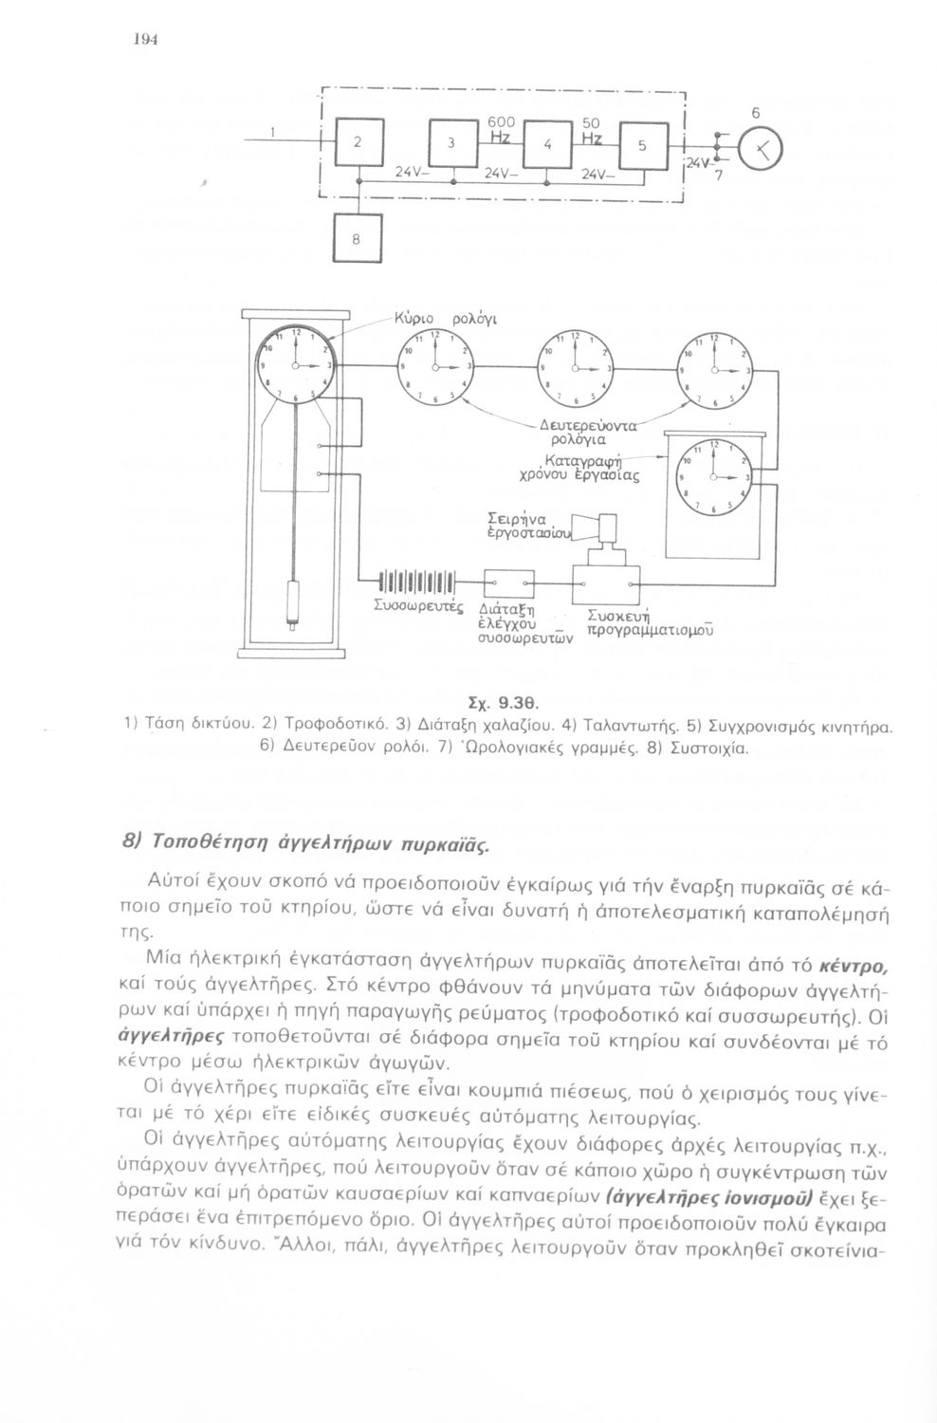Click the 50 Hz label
(x=593, y=131)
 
